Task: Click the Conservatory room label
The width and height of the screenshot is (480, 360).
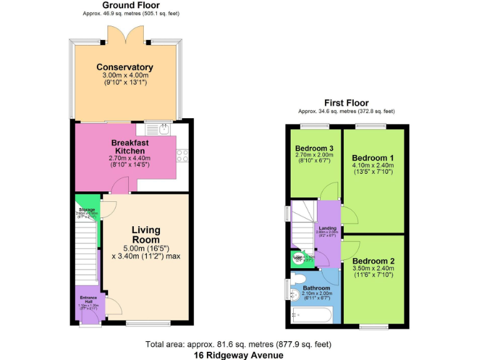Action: tap(124, 67)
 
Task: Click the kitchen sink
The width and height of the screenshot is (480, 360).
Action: tap(162, 130)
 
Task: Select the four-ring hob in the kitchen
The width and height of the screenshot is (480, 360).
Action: tap(182, 156)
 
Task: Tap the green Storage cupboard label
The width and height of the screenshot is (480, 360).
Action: tap(86, 209)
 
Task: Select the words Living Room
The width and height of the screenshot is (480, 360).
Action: tap(146, 235)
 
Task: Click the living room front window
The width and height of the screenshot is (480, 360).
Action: tap(147, 323)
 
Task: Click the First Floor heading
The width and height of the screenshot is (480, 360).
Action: tap(346, 102)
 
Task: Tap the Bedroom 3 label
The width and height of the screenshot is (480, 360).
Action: tap(314, 148)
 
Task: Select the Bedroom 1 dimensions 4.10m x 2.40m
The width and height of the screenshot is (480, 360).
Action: tap(372, 165)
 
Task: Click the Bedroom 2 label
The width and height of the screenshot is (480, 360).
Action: tap(372, 261)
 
